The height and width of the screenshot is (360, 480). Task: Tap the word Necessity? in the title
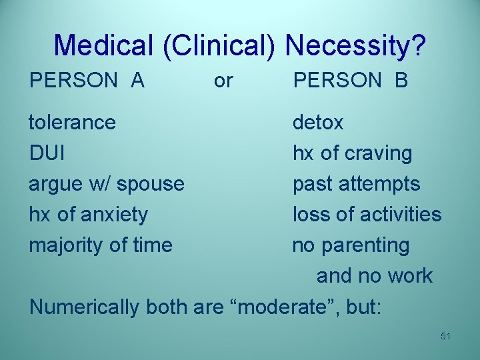point(355,45)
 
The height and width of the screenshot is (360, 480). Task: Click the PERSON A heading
point(87,81)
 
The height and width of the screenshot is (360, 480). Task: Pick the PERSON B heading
point(351,81)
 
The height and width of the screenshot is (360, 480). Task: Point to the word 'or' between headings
point(223,81)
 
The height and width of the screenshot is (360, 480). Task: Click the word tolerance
point(72,123)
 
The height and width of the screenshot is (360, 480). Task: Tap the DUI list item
point(47,153)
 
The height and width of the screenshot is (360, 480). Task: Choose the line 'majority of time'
point(100,245)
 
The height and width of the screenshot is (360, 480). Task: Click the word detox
point(318,123)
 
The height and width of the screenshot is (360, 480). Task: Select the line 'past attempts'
point(356,184)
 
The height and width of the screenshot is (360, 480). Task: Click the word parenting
point(365,245)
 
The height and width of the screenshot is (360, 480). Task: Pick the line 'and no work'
point(374,276)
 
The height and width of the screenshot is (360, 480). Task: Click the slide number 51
point(445,336)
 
